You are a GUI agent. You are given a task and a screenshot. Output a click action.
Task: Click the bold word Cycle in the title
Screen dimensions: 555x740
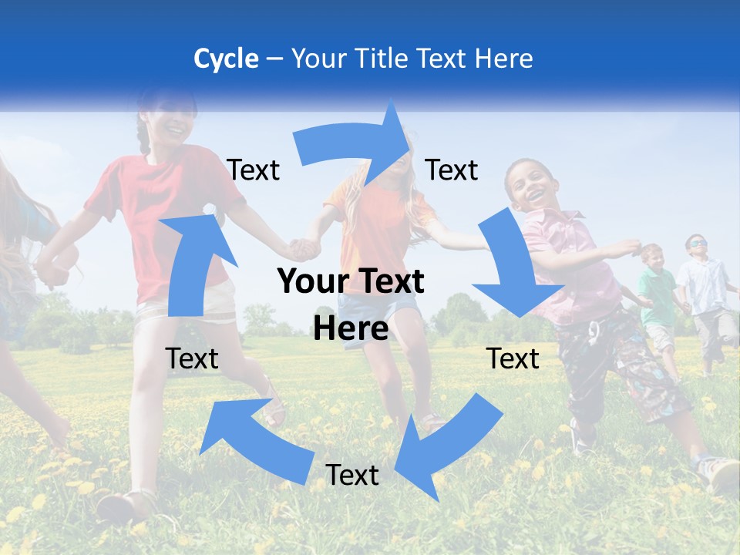pos(226,59)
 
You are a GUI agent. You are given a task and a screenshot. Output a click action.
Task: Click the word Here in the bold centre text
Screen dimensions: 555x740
pos(351,329)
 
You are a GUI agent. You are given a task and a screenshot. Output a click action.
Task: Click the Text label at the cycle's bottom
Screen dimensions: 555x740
pos(352,476)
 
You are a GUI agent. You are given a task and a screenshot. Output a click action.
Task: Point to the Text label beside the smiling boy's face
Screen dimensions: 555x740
pos(452,170)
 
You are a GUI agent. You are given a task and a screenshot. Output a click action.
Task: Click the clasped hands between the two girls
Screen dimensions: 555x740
pos(305,248)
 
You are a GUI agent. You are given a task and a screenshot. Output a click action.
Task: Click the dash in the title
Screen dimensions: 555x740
pos(274,59)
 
